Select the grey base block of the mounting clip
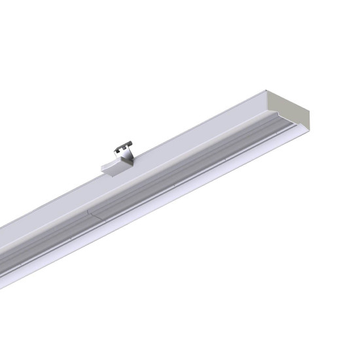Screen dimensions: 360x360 [x=113, y=166]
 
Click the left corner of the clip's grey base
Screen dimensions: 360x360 [x=101, y=170]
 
